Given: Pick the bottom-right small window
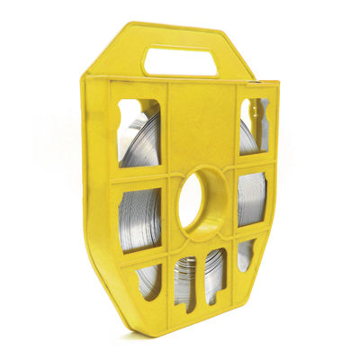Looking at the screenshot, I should point(245,256).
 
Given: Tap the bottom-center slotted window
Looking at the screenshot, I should point(199,278).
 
